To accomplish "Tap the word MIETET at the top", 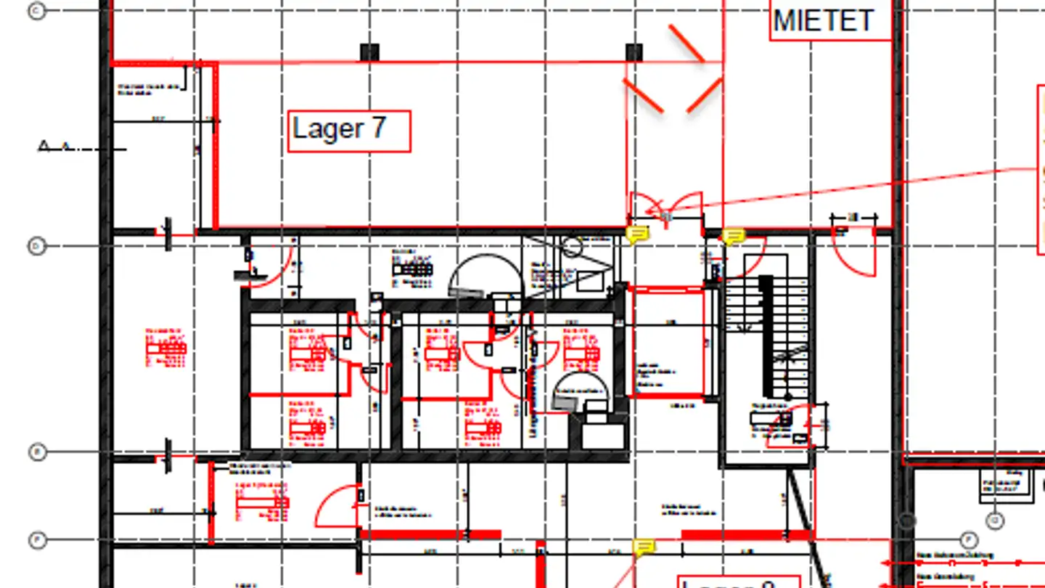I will (823, 20).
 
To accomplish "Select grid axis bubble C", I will (36, 10).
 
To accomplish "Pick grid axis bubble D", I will (36, 247).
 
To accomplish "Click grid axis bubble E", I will (36, 452).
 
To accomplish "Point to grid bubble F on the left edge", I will (36, 540).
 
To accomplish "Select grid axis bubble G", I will (995, 520).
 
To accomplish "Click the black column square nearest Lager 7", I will (369, 52).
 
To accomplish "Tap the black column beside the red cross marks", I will (634, 52).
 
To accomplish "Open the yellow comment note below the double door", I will (637, 234).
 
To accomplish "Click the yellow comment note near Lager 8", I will (643, 547).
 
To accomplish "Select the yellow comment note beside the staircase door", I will (733, 237).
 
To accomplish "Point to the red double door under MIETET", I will (665, 207).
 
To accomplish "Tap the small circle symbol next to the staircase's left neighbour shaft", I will (573, 247).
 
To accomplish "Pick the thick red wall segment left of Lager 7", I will (215, 145).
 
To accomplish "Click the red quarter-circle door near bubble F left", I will (337, 507).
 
